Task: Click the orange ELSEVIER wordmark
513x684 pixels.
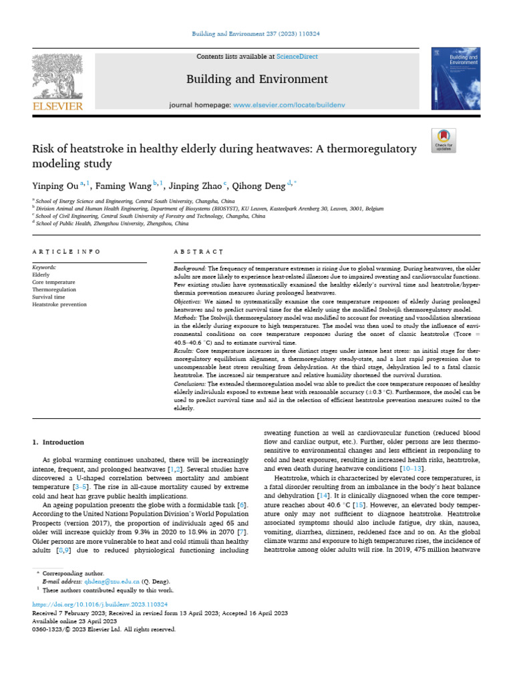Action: click(58, 106)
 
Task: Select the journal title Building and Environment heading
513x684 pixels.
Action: click(256, 79)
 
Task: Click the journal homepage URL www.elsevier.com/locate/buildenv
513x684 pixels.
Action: click(281, 106)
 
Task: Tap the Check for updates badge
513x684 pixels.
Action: click(444, 140)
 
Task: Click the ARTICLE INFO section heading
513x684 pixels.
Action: click(66, 252)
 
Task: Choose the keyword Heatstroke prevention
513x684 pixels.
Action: click(59, 305)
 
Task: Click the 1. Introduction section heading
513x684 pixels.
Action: click(59, 442)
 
